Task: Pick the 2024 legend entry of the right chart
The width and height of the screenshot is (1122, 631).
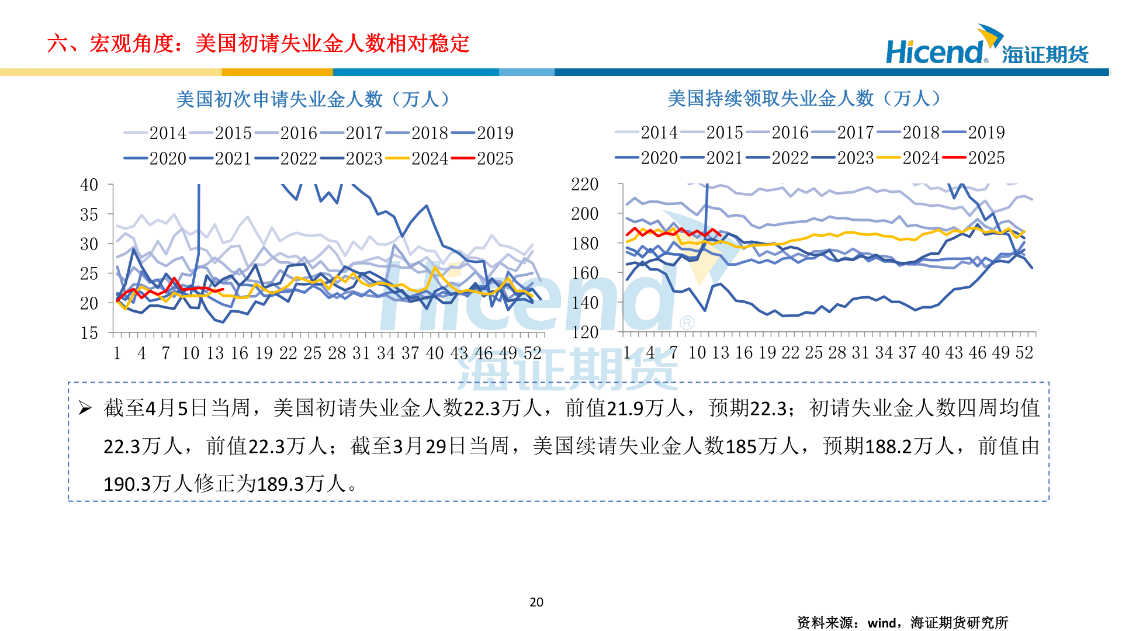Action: [920, 158]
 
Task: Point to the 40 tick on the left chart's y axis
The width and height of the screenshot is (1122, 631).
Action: [89, 185]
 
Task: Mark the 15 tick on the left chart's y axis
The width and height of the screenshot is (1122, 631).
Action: [89, 333]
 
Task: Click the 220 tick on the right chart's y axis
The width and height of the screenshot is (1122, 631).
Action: [585, 185]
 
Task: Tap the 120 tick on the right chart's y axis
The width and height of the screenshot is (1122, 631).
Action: [585, 332]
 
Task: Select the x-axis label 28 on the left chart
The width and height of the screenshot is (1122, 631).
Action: [337, 353]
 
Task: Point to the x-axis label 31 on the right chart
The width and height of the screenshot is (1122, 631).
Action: [860, 352]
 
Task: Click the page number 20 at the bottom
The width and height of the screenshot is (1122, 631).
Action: [536, 602]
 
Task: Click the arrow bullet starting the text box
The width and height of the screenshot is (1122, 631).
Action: [85, 408]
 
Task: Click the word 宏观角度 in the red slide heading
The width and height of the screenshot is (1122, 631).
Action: [131, 44]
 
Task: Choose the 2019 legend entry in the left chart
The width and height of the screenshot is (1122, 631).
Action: [494, 133]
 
